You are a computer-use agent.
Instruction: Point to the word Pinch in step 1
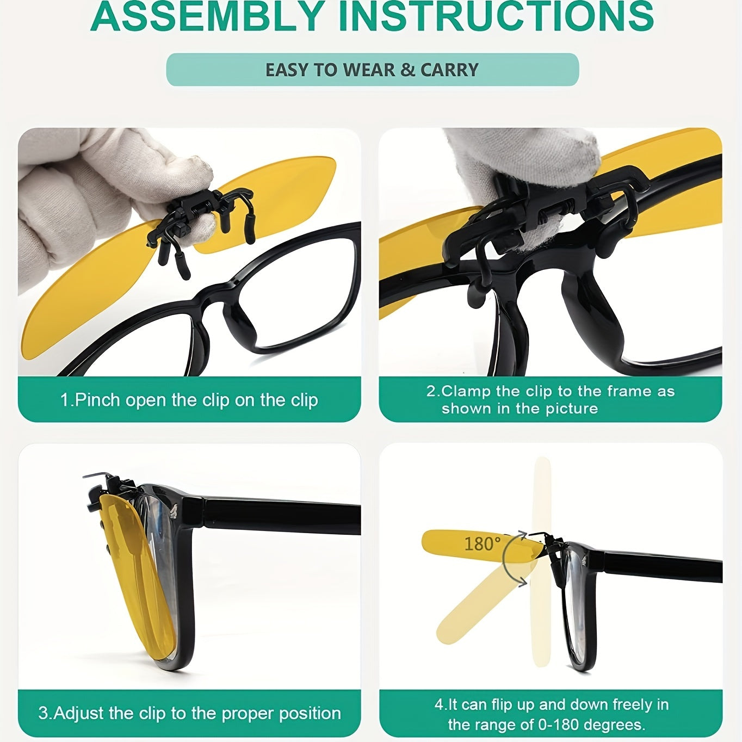click(98, 400)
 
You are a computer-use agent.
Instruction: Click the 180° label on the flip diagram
click(482, 544)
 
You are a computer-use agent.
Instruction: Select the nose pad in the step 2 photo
click(589, 312)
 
